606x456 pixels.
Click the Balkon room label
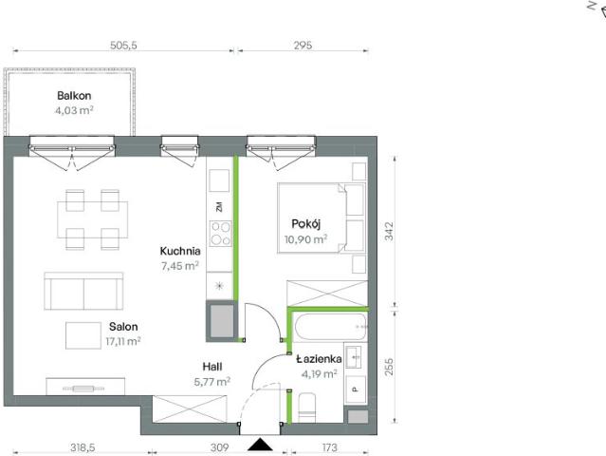tap(74, 96)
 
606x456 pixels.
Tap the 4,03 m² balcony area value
tap(74, 111)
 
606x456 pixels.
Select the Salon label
tap(123, 327)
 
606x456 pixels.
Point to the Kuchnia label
tap(180, 251)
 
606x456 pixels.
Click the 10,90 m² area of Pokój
tap(305, 239)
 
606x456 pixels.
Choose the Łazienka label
tap(319, 359)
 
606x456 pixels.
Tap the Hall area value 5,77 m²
tap(212, 382)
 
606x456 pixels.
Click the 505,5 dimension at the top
tap(123, 46)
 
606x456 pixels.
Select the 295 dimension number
tap(303, 46)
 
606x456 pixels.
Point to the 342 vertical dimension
tap(389, 231)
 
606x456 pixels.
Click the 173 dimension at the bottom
tap(329, 447)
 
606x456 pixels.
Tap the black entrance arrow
tap(260, 445)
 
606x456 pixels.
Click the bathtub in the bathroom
tap(330, 327)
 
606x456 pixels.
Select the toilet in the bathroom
tap(307, 408)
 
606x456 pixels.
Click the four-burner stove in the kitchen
tap(220, 234)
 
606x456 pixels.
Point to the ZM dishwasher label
tap(219, 207)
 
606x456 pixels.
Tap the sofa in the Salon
tap(83, 291)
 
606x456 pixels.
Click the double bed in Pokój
tap(321, 218)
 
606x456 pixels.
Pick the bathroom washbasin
tap(354, 356)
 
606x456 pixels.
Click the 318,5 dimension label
tap(83, 447)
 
